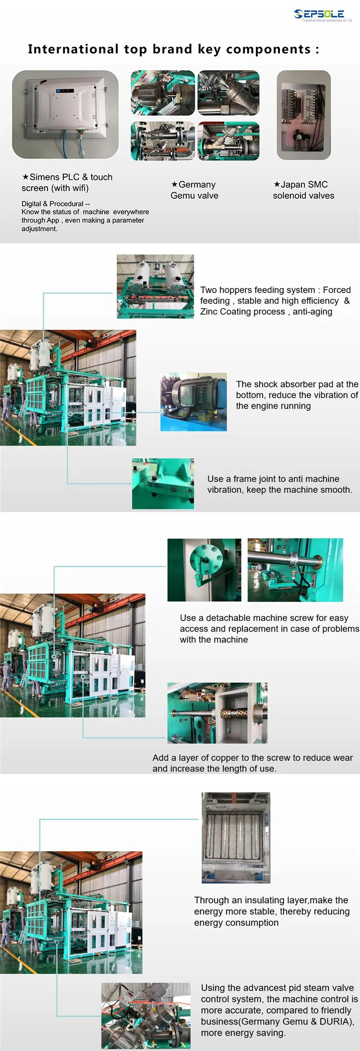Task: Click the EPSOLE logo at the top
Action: click(323, 15)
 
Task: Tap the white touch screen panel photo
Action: click(65, 114)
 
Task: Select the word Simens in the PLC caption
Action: click(44, 177)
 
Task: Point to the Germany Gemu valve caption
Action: click(194, 190)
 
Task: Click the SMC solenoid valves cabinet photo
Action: click(304, 115)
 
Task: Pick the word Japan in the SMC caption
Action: click(291, 185)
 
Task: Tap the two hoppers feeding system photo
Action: click(156, 287)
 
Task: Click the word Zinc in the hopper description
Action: click(209, 312)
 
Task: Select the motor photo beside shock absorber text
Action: click(193, 402)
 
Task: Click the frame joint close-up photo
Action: click(163, 484)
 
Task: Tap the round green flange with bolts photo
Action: click(204, 570)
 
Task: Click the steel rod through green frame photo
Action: click(295, 570)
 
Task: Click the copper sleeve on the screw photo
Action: click(217, 713)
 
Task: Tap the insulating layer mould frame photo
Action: click(236, 837)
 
